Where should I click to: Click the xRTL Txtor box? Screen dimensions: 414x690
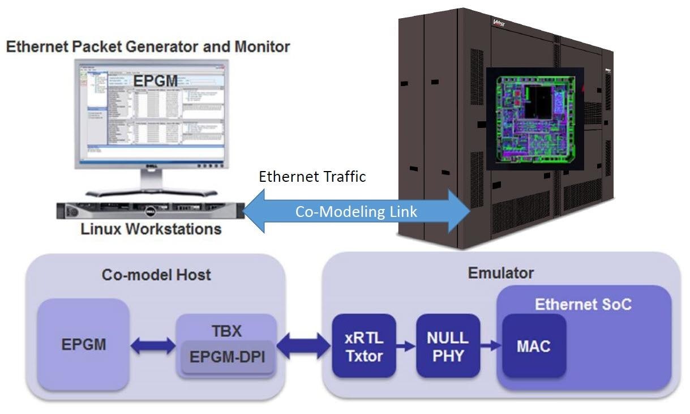(x=363, y=345)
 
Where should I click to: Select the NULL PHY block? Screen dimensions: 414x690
(x=448, y=345)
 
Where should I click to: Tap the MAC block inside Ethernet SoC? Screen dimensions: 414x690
(x=533, y=345)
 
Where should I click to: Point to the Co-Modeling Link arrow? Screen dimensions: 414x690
(x=357, y=211)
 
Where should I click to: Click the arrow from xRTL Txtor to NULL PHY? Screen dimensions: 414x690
(x=405, y=346)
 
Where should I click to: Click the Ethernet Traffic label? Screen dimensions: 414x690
(x=312, y=177)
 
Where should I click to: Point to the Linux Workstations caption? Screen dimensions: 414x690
(x=151, y=229)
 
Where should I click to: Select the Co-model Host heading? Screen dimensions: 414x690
(x=156, y=275)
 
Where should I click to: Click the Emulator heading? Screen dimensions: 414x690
(x=500, y=273)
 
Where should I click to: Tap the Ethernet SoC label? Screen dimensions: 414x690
(x=583, y=304)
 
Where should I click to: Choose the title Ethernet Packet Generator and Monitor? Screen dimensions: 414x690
(x=148, y=46)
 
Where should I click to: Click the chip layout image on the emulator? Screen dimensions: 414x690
(x=535, y=119)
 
